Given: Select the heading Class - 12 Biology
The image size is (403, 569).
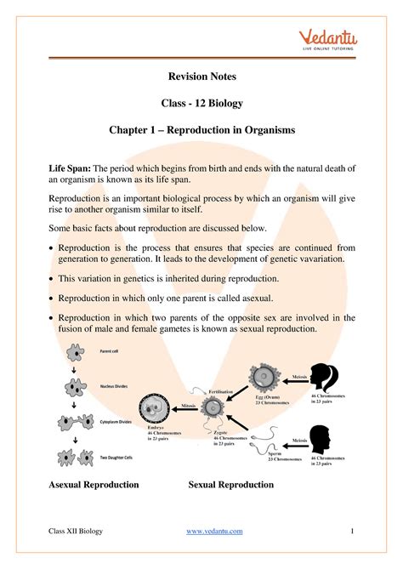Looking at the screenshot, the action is click(201, 104).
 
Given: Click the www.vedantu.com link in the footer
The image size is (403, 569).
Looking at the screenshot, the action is click(213, 532).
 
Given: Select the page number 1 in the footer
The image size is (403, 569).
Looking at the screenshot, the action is click(351, 532).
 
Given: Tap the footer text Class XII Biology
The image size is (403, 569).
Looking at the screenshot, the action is click(75, 532).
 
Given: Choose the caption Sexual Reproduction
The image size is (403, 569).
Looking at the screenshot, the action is click(230, 485).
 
